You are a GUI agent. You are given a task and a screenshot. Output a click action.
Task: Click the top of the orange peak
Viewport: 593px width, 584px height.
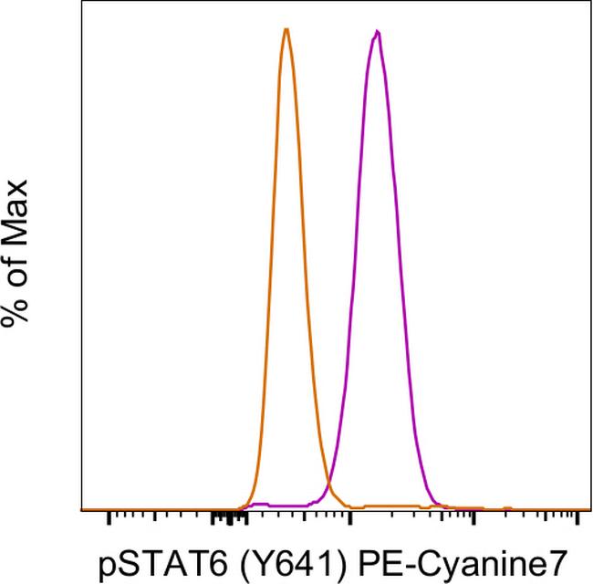click(286, 29)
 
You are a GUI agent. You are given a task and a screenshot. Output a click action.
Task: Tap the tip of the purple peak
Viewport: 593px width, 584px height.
click(377, 32)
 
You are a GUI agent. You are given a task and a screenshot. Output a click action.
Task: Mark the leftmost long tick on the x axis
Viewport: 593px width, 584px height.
click(109, 517)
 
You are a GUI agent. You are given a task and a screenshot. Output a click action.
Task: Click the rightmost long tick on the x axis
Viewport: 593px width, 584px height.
click(577, 517)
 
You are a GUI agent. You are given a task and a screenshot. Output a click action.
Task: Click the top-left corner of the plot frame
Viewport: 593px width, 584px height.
click(81, 3)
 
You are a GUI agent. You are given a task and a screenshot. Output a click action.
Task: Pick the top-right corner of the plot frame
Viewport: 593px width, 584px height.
click(590, 3)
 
